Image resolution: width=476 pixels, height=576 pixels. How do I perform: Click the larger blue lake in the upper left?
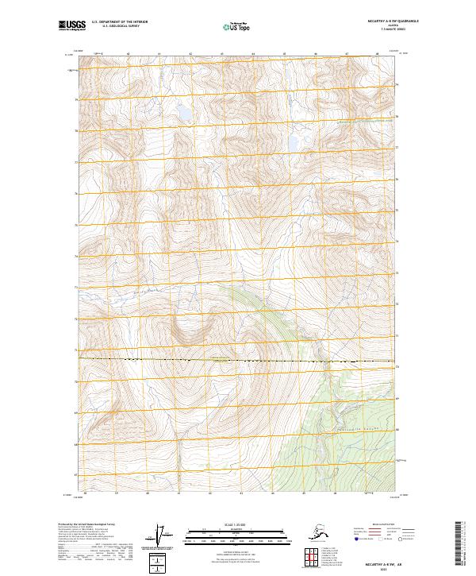[x=183, y=113]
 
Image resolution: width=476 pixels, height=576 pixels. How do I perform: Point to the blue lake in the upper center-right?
[x=294, y=142]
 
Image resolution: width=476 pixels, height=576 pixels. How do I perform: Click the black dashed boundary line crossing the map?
[x=238, y=361]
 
